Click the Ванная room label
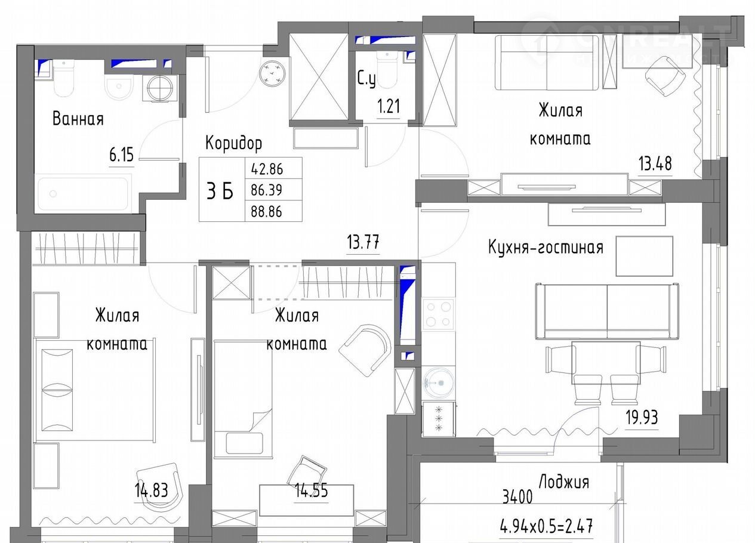(78, 119)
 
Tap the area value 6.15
(121, 155)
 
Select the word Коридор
(233, 143)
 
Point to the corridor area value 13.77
(363, 242)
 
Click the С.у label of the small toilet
(366, 79)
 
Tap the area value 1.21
(389, 106)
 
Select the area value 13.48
(655, 163)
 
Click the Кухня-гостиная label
(546, 248)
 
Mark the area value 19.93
(642, 418)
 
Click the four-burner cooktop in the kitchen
(438, 314)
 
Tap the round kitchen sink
(438, 383)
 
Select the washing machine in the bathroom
(161, 89)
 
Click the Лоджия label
(564, 482)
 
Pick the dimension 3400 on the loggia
(517, 497)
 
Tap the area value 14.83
(152, 490)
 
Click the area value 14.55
(311, 490)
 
